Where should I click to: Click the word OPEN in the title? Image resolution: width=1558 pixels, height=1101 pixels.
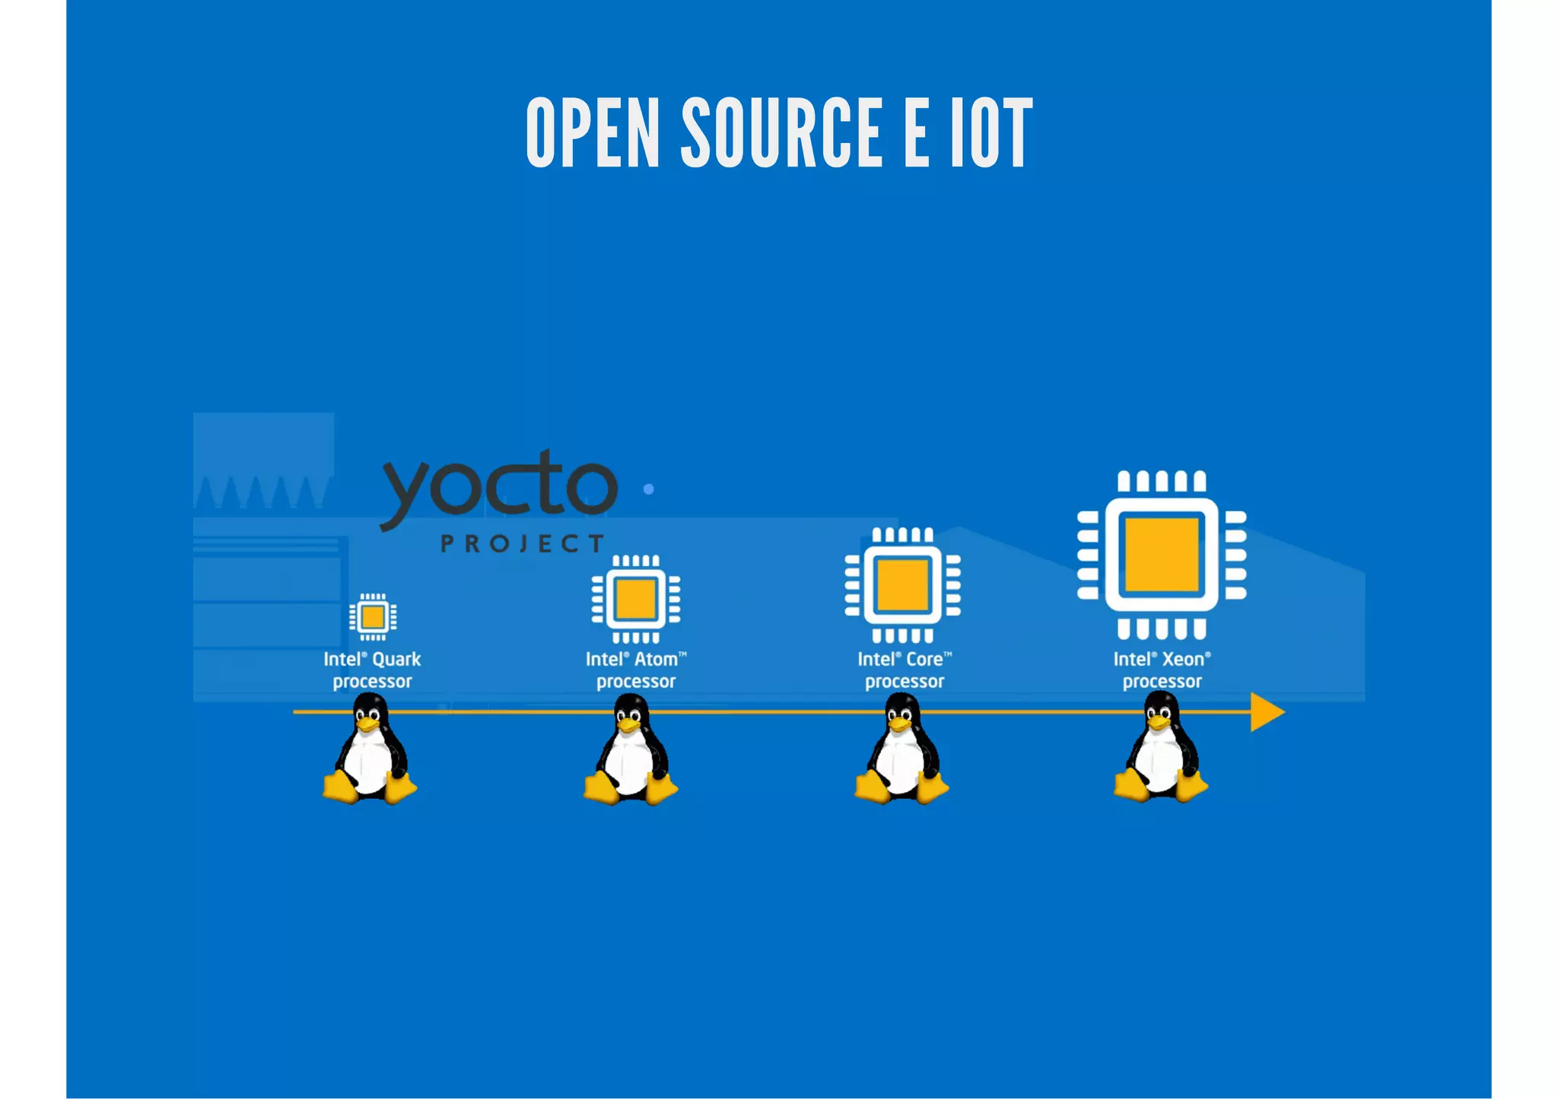593,132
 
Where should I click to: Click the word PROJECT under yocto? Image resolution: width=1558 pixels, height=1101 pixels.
523,543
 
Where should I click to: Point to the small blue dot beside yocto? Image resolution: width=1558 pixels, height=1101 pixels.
648,489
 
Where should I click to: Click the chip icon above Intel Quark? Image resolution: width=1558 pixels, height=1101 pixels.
373,616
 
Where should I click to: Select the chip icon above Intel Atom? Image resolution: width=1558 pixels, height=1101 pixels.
636,599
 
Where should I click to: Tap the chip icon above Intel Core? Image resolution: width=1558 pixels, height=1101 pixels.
902,585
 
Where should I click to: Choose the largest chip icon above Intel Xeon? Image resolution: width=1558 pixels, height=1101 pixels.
1162,555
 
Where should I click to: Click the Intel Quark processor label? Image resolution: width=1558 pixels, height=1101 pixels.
372,670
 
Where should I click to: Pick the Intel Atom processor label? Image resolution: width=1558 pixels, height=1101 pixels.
636,670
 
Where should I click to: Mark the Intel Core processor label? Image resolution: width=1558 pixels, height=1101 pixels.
905,670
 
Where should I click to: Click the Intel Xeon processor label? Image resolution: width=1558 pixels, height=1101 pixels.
1162,670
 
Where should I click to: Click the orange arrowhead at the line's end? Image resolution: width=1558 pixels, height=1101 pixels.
1266,712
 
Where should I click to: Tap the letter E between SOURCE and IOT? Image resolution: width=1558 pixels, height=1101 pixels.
916,132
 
